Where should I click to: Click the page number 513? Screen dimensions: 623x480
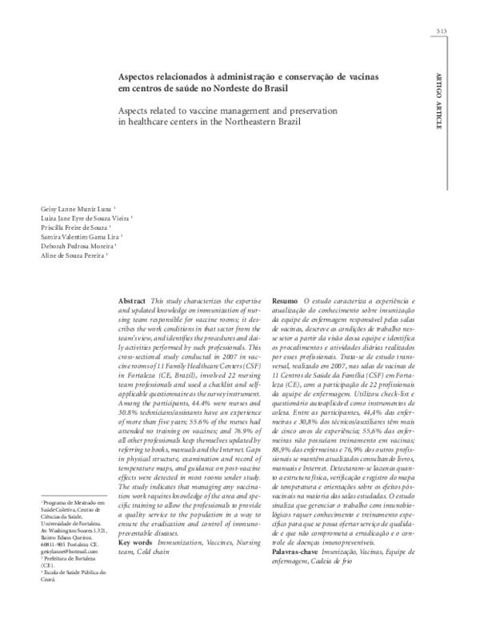pyautogui.click(x=441, y=31)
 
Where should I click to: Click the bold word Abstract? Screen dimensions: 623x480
pyautogui.click(x=131, y=299)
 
